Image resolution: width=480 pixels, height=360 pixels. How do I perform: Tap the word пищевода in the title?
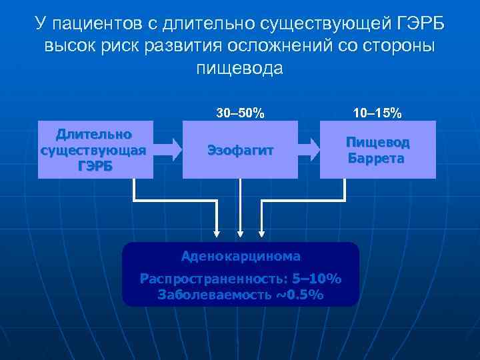(240, 68)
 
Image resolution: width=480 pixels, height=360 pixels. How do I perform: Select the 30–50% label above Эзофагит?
(240, 113)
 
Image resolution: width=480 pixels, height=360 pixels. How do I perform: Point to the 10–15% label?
(378, 113)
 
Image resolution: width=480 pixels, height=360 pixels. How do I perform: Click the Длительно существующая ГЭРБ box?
(95, 149)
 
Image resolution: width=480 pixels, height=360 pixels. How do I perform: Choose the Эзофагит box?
(240, 149)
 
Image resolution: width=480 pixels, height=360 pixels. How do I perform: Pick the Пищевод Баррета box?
(378, 149)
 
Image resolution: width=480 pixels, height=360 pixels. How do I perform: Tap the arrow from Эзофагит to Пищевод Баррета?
(309, 149)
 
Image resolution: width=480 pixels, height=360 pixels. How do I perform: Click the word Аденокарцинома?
(240, 255)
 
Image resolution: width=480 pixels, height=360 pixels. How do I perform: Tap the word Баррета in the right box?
(378, 159)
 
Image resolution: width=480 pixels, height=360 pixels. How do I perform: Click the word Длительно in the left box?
(95, 135)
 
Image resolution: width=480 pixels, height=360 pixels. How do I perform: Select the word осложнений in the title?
(279, 47)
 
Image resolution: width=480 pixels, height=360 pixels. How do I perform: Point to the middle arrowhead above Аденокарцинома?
(240, 233)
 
